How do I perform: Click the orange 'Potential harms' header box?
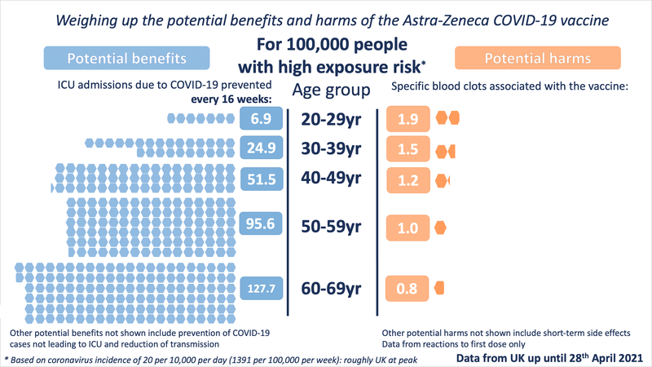(x=538, y=59)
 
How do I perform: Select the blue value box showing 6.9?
(x=261, y=119)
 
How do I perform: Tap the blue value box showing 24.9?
(x=261, y=148)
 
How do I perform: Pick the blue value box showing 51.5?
(x=261, y=178)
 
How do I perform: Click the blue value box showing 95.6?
(x=261, y=226)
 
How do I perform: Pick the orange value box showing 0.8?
(x=407, y=287)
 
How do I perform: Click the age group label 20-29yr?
(x=332, y=119)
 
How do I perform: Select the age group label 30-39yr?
(x=332, y=148)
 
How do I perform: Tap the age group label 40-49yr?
(x=332, y=178)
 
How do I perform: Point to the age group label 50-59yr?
(x=332, y=227)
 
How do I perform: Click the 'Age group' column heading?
(x=332, y=90)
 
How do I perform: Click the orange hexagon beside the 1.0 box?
(x=442, y=227)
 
